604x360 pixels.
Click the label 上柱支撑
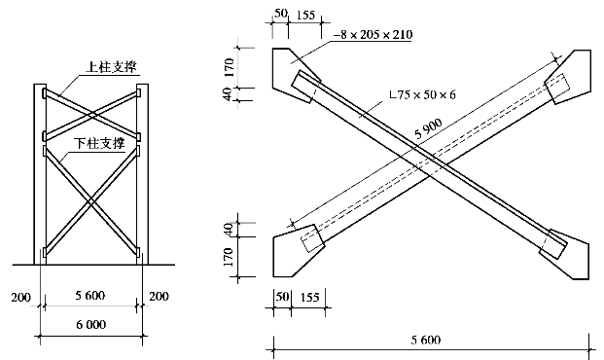tap(111, 67)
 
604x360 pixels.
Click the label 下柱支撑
tap(100, 143)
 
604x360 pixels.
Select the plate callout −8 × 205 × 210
tap(373, 34)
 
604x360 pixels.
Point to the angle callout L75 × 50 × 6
tap(422, 94)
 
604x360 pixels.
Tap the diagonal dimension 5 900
tap(428, 128)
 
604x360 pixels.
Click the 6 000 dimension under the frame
tap(90, 325)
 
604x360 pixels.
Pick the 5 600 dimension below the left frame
tap(90, 296)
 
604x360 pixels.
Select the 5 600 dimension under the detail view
tap(426, 340)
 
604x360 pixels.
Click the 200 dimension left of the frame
tap(20, 297)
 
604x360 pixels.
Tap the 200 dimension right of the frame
tap(159, 296)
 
